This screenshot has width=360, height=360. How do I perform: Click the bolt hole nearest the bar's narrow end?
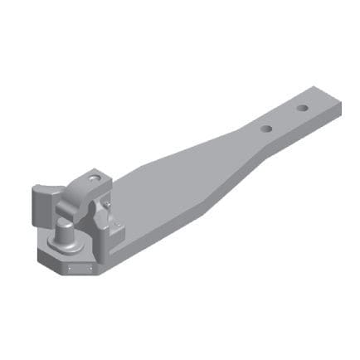[303, 108]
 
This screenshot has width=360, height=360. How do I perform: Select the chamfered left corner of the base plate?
[43, 258]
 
